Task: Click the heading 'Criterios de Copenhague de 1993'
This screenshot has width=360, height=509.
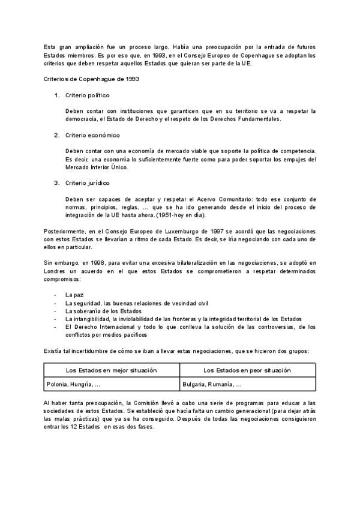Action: [84, 79]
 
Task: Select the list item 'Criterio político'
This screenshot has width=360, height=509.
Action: [88, 95]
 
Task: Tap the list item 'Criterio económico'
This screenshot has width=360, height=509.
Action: [92, 135]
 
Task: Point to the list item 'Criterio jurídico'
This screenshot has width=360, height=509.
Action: [88, 182]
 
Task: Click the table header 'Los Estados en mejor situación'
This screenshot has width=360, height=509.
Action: [112, 370]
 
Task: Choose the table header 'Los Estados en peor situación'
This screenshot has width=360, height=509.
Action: [247, 370]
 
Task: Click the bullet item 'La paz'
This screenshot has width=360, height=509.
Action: [74, 295]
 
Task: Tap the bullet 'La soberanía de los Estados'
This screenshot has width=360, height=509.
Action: [103, 311]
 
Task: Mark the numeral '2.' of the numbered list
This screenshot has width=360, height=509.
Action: [56, 135]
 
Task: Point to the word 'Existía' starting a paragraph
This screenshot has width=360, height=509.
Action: [53, 351]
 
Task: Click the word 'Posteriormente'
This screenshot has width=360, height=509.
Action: [64, 231]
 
